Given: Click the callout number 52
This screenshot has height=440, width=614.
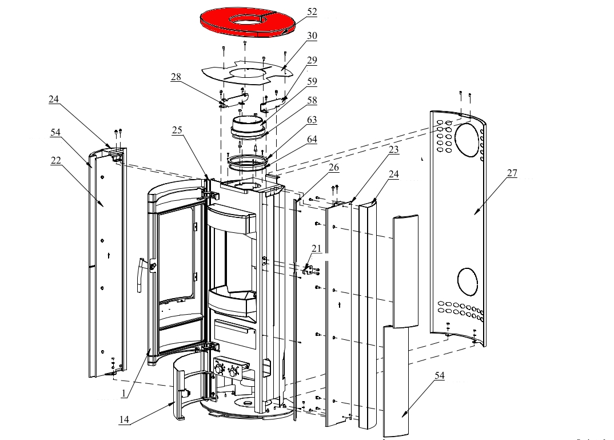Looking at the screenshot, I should [328, 11].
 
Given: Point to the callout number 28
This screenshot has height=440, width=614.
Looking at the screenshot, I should [176, 77].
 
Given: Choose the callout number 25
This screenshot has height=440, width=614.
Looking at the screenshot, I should [177, 130].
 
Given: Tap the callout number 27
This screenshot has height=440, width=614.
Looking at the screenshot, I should [512, 174].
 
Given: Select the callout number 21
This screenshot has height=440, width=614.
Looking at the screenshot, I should [316, 248].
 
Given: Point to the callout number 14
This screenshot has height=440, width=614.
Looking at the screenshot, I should [124, 419].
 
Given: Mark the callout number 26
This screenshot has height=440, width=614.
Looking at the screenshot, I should [334, 168].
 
